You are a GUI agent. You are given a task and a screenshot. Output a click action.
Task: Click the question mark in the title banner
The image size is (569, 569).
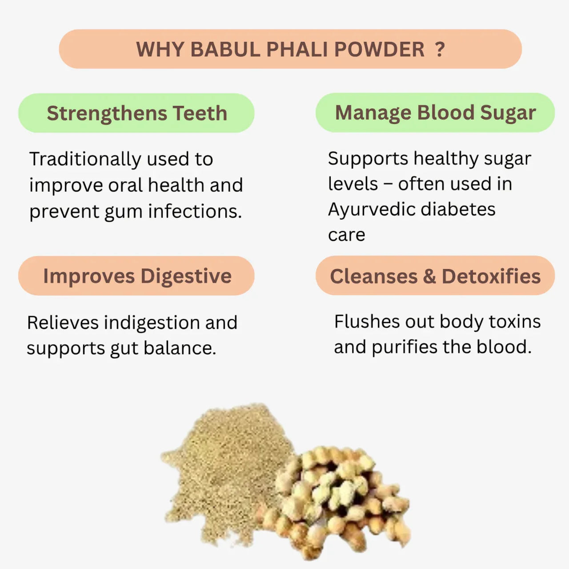(440, 49)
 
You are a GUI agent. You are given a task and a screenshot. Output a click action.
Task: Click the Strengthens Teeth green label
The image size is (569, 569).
(136, 113)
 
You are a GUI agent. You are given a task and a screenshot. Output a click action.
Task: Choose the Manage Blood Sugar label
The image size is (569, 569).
(435, 112)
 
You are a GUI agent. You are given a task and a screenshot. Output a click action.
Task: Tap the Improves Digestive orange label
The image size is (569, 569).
(136, 276)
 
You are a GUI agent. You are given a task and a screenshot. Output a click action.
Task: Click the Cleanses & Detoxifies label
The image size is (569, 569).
(435, 276)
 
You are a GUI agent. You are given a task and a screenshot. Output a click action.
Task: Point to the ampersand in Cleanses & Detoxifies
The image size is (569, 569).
(429, 276)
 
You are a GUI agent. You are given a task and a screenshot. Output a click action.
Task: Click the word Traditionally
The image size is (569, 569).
(85, 159)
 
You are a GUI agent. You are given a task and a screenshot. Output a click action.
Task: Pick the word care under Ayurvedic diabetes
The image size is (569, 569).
(346, 235)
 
